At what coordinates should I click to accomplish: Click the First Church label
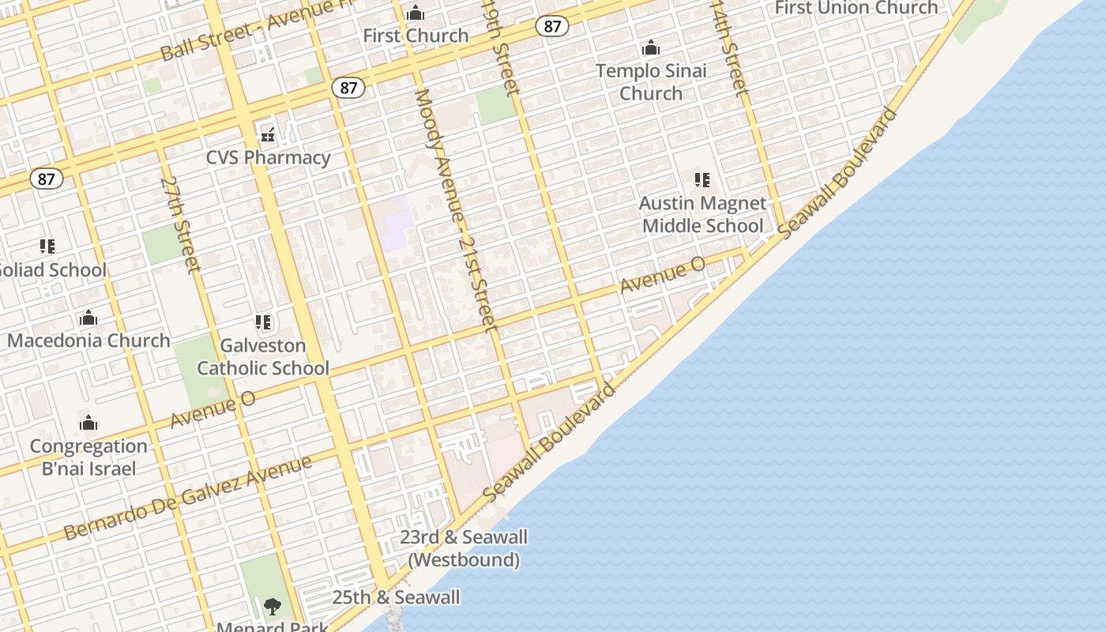[x=416, y=36]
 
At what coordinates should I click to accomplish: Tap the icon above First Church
[x=416, y=13]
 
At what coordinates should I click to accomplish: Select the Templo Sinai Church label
[x=651, y=81]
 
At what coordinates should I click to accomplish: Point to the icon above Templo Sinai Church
[x=651, y=48]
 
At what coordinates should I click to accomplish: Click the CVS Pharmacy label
[x=268, y=157]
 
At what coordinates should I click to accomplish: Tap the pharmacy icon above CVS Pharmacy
[x=269, y=134]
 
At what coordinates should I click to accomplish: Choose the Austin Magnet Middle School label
[x=702, y=214]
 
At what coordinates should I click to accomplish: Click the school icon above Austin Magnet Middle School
[x=702, y=181]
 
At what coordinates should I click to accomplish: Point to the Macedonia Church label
[x=88, y=340]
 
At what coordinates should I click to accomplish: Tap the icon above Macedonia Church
[x=88, y=318]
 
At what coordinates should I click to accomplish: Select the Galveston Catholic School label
[x=263, y=356]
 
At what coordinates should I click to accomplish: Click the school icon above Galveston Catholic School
[x=263, y=322]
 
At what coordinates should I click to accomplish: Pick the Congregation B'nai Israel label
[x=88, y=457]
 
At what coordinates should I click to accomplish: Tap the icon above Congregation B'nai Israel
[x=88, y=423]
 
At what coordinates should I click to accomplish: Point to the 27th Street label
[x=181, y=224]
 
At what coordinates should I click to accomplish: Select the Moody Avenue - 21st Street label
[x=455, y=209]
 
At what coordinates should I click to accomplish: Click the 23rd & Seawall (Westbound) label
[x=464, y=548]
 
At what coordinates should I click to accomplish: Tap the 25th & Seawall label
[x=396, y=597]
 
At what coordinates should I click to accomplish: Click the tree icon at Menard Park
[x=272, y=607]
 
